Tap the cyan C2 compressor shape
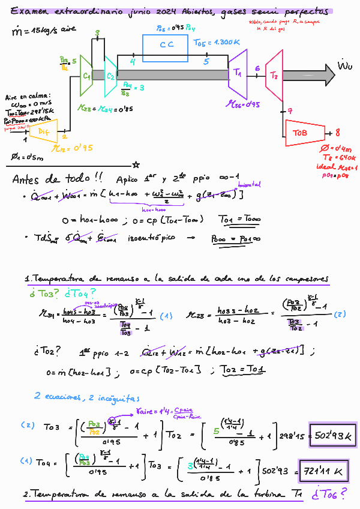point(110,76)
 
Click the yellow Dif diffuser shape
point(44,131)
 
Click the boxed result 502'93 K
point(333,433)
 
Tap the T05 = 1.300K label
point(217,43)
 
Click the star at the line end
point(137,164)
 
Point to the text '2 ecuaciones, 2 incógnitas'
point(86,397)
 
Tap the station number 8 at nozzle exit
point(337,133)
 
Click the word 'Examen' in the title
point(27,11)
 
